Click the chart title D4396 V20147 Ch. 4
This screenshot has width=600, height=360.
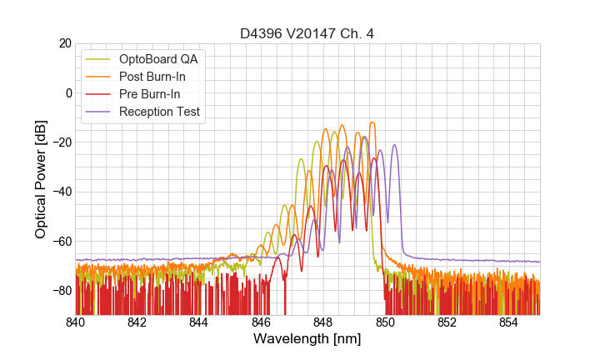click(x=307, y=33)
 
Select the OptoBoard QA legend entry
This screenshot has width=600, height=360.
click(x=163, y=59)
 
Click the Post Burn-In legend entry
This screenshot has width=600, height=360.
click(x=163, y=77)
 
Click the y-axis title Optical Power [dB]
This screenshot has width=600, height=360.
click(x=41, y=179)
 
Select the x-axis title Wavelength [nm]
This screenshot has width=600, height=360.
click(x=307, y=340)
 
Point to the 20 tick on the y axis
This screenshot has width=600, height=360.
click(x=63, y=43)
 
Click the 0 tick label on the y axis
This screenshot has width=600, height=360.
click(x=67, y=92)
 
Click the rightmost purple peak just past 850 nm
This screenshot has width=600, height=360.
click(x=395, y=145)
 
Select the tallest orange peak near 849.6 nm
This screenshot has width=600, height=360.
click(x=372, y=122)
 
